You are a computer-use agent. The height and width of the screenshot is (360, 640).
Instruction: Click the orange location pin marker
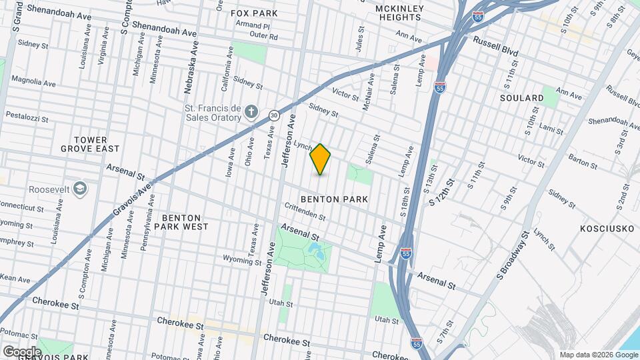(321, 159)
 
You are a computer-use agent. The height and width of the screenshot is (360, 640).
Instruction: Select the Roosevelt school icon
(80, 189)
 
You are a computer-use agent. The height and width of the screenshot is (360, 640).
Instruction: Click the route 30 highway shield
(274, 115)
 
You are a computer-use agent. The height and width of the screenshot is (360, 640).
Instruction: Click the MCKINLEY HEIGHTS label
(399, 13)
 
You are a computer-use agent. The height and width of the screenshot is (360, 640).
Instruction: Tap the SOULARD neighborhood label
(521, 98)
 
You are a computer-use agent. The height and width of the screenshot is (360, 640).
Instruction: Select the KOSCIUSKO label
(600, 228)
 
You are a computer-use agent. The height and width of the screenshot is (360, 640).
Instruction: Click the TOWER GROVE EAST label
(97, 144)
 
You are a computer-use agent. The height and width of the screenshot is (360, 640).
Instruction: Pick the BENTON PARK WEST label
(181, 222)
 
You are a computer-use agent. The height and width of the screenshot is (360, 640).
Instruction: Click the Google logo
(21, 351)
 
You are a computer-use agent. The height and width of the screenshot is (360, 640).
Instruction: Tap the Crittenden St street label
(305, 212)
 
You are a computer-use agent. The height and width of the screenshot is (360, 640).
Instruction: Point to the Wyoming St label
(243, 259)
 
